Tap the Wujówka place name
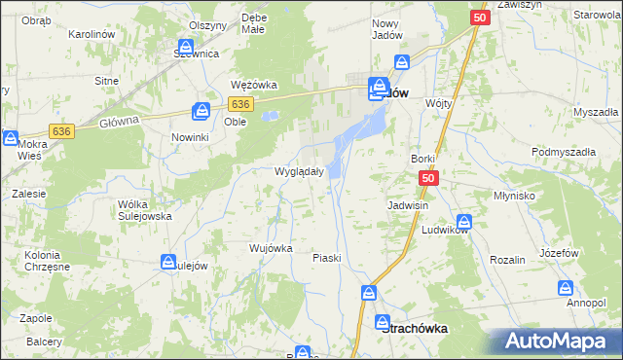(x=271, y=248)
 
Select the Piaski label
(x=326, y=258)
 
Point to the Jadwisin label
(x=408, y=206)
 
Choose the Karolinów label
(x=93, y=34)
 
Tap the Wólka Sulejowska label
(x=144, y=210)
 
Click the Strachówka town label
(x=415, y=329)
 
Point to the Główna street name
(x=120, y=122)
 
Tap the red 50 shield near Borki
(x=429, y=179)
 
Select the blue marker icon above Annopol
(x=567, y=287)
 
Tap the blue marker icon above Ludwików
(x=464, y=221)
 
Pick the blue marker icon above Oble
(x=202, y=110)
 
